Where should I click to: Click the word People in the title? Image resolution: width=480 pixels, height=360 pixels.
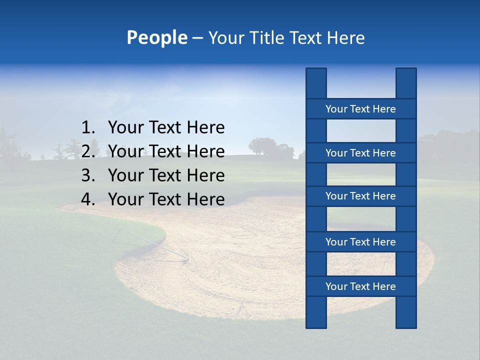pyautogui.click(x=156, y=38)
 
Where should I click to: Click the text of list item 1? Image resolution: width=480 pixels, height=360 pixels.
pyautogui.click(x=166, y=128)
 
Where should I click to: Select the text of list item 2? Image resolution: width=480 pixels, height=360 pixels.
pyautogui.click(x=166, y=151)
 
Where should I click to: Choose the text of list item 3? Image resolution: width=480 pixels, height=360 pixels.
pyautogui.click(x=166, y=175)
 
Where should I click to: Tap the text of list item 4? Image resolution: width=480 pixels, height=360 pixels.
pyautogui.click(x=166, y=199)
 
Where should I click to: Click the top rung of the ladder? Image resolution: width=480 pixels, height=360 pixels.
pyautogui.click(x=360, y=109)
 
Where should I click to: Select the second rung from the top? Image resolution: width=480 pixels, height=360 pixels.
pyautogui.click(x=360, y=153)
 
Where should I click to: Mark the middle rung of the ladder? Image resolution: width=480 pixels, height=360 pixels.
pyautogui.click(x=360, y=196)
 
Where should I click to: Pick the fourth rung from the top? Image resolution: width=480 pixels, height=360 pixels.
pyautogui.click(x=360, y=242)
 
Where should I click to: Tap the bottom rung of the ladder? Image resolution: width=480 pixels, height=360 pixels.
pyautogui.click(x=360, y=286)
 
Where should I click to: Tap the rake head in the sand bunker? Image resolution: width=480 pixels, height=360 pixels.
pyautogui.click(x=184, y=258)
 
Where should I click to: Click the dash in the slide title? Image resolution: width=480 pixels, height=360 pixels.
pyautogui.click(x=197, y=38)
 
